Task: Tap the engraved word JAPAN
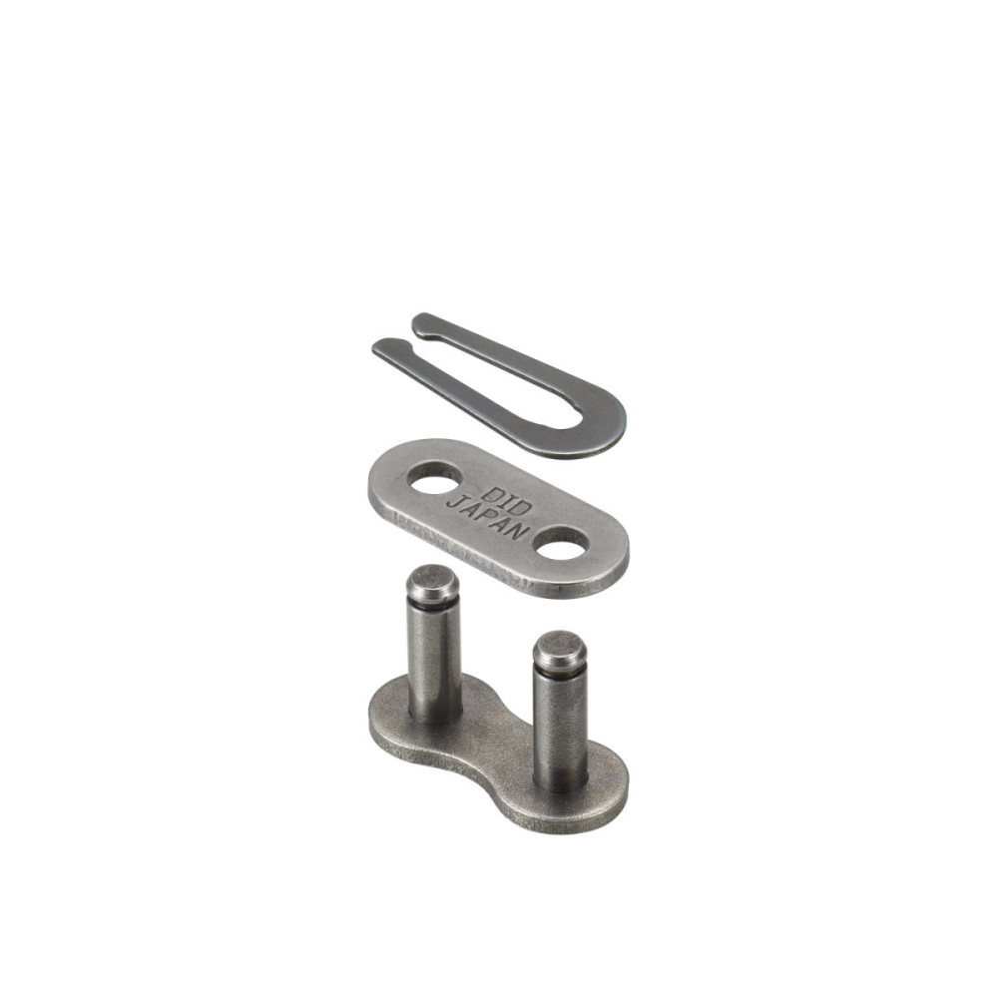coord(488,517)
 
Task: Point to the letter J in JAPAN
coord(453,502)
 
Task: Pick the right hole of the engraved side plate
coord(562,543)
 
